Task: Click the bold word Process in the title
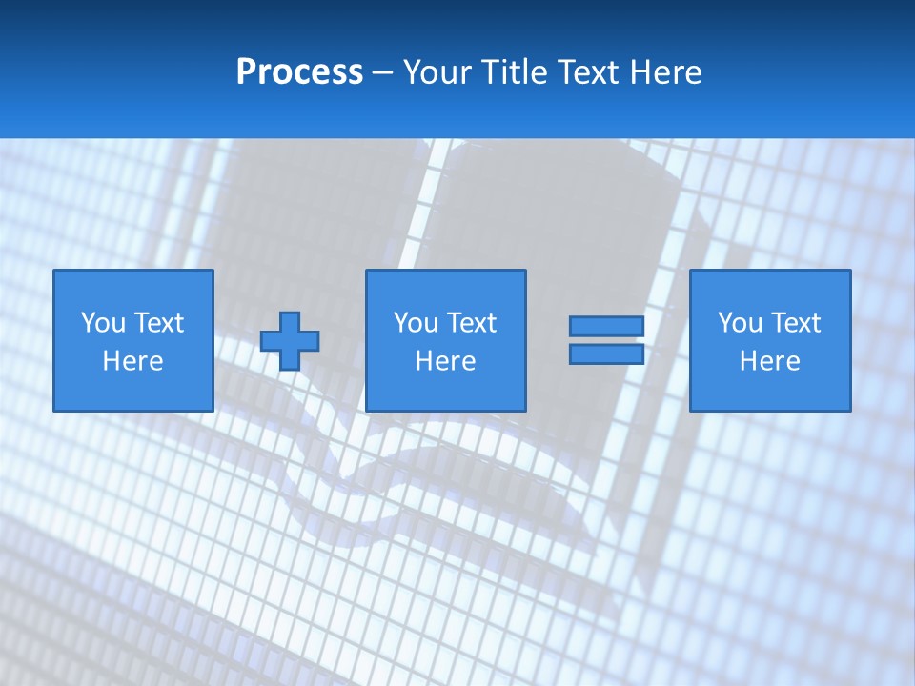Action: pos(299,72)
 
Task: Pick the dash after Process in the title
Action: pos(382,73)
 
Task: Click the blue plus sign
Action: pos(290,341)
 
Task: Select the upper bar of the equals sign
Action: pos(606,327)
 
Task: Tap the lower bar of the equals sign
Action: pos(606,354)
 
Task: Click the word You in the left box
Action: pos(103,323)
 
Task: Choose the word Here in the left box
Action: pos(132,361)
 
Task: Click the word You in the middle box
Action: pos(416,323)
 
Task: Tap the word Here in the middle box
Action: pos(445,361)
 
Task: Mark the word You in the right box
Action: pos(740,323)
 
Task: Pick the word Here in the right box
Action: pos(769,361)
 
